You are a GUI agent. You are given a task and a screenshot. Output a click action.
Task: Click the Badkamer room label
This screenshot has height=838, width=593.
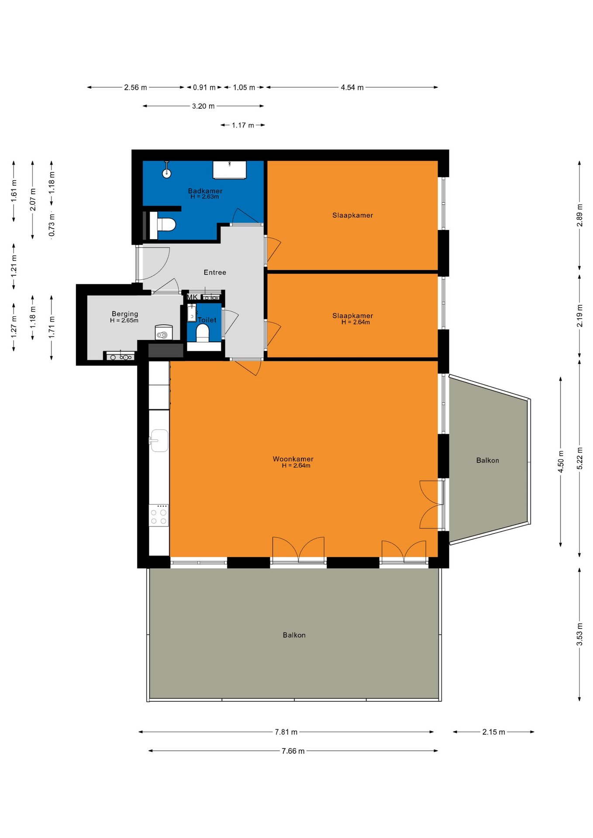[x=205, y=191]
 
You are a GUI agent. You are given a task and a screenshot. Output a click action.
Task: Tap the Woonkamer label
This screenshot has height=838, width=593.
[x=293, y=459]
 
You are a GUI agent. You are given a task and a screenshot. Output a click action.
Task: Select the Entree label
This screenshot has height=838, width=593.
[x=215, y=272]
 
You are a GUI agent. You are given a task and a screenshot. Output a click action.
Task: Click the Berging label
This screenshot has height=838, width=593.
[x=125, y=314]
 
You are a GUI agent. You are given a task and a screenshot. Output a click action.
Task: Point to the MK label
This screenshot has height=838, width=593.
[x=192, y=297]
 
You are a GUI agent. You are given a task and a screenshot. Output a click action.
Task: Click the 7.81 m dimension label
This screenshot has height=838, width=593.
[x=286, y=732]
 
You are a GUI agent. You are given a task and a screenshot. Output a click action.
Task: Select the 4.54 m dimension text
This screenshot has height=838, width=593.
[x=352, y=87]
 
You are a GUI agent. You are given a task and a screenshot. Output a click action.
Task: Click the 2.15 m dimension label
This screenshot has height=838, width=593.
[x=493, y=732]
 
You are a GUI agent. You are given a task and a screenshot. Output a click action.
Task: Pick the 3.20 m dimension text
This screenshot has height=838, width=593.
[x=203, y=106]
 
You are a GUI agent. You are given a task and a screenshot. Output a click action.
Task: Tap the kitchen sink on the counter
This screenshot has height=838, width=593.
[x=159, y=440]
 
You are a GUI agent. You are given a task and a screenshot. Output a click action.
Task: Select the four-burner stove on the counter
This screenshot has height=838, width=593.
[x=159, y=515]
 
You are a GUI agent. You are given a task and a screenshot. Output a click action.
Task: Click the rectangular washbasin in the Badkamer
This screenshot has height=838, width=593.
[x=230, y=170]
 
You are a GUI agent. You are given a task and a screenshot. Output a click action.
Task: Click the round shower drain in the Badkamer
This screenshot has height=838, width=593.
[x=166, y=173]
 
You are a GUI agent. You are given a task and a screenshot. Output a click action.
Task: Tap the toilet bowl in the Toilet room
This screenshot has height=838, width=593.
[x=203, y=333]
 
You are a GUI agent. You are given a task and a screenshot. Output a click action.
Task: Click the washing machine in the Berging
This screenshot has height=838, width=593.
[x=164, y=333]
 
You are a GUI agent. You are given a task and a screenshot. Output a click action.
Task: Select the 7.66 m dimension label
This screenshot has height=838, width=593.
[x=293, y=751]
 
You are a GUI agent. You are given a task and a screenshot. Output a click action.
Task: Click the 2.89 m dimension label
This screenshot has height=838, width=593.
[x=579, y=215]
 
